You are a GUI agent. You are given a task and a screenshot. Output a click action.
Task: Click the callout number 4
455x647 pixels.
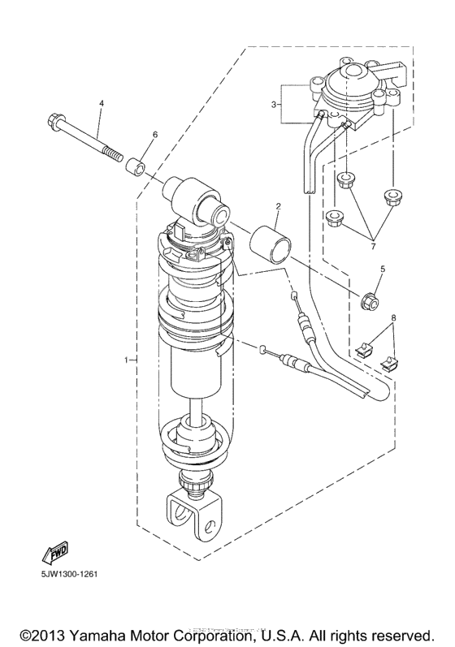click(102, 104)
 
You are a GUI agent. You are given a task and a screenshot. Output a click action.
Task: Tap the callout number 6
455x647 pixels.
click(155, 134)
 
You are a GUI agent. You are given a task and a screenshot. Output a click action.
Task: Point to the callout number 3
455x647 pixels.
click(275, 104)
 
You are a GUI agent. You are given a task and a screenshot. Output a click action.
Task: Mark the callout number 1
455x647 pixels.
click(126, 358)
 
